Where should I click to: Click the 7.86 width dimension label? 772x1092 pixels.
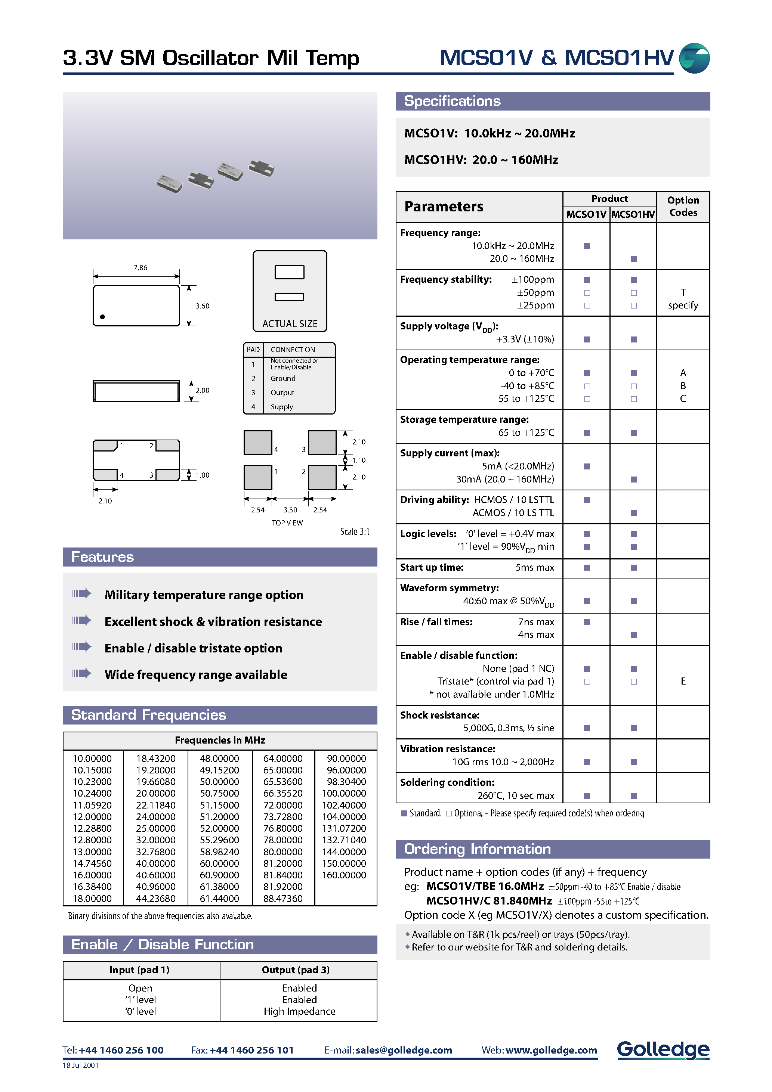(x=140, y=268)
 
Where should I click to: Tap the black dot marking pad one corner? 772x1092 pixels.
(x=102, y=317)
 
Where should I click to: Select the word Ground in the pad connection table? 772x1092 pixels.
(x=283, y=379)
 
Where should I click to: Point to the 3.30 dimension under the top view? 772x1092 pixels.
(x=290, y=510)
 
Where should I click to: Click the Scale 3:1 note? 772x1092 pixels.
(x=354, y=532)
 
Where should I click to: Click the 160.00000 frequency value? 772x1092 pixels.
(x=344, y=875)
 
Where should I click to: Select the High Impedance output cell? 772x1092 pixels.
(x=299, y=1011)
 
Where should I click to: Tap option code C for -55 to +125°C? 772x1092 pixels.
(x=683, y=398)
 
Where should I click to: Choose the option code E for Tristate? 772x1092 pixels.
(x=683, y=681)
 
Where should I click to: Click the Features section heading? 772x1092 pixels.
(x=102, y=557)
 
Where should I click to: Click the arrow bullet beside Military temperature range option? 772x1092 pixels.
(x=81, y=593)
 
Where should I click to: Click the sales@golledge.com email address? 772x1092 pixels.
(x=404, y=1050)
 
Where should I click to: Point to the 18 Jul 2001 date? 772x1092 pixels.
(x=80, y=1065)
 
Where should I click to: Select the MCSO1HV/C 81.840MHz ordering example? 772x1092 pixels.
(x=489, y=901)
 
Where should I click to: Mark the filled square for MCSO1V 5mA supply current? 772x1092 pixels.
(x=587, y=466)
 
